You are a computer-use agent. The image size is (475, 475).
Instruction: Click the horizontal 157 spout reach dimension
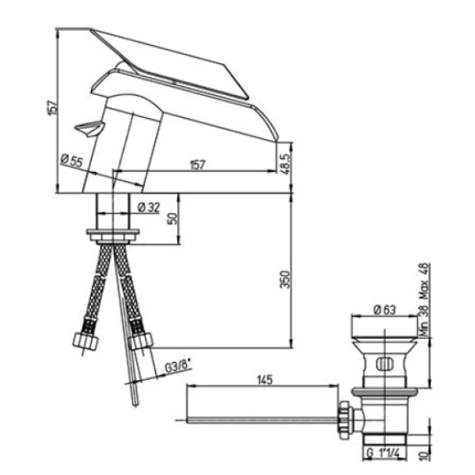(197, 165)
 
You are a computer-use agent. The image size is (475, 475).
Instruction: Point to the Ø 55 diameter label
(71, 161)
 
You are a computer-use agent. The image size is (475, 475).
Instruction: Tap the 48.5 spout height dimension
(287, 164)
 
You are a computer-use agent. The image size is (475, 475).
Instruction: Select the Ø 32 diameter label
(149, 207)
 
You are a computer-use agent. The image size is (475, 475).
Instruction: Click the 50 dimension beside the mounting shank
(173, 218)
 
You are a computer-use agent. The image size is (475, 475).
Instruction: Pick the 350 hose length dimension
(285, 279)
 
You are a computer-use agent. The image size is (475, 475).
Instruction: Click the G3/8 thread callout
(178, 367)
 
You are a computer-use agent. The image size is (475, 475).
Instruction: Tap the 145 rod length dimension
(264, 380)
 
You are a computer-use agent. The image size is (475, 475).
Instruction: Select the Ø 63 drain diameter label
(385, 310)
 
